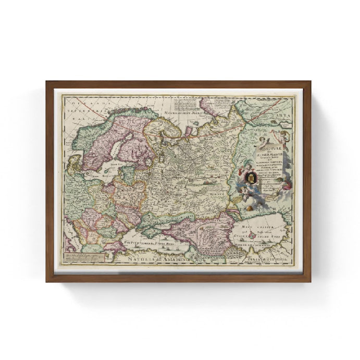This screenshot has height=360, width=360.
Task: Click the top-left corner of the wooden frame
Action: (x=47, y=82)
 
